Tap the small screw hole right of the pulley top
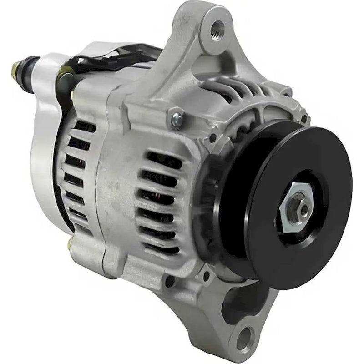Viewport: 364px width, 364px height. pyautogui.click(x=304, y=119)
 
